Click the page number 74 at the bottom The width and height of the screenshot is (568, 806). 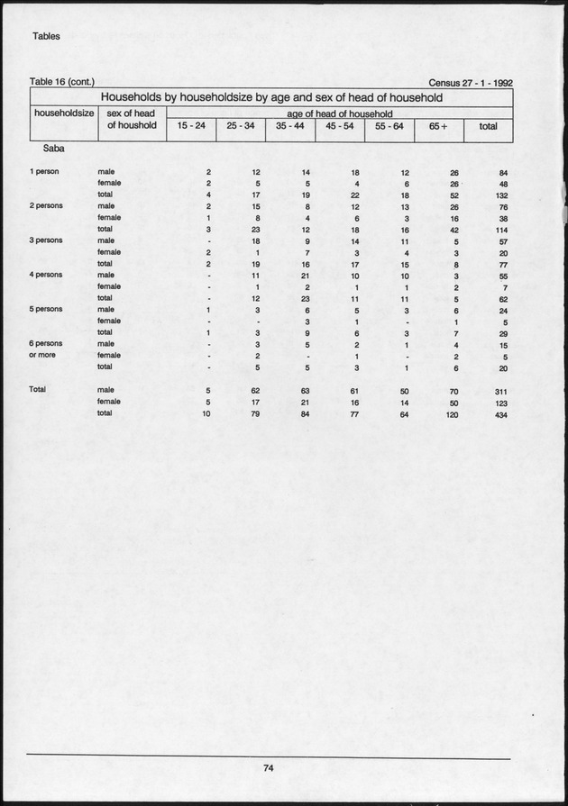pyautogui.click(x=268, y=767)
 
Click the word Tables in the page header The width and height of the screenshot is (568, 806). pyautogui.click(x=46, y=37)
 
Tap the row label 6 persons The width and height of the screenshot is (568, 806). pyautogui.click(x=47, y=343)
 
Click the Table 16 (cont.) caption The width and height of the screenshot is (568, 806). pyautogui.click(x=62, y=82)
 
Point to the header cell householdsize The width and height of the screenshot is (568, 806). pyautogui.click(x=63, y=113)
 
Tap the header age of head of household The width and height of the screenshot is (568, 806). pyautogui.click(x=340, y=114)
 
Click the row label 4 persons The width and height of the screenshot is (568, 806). pyautogui.click(x=46, y=275)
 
